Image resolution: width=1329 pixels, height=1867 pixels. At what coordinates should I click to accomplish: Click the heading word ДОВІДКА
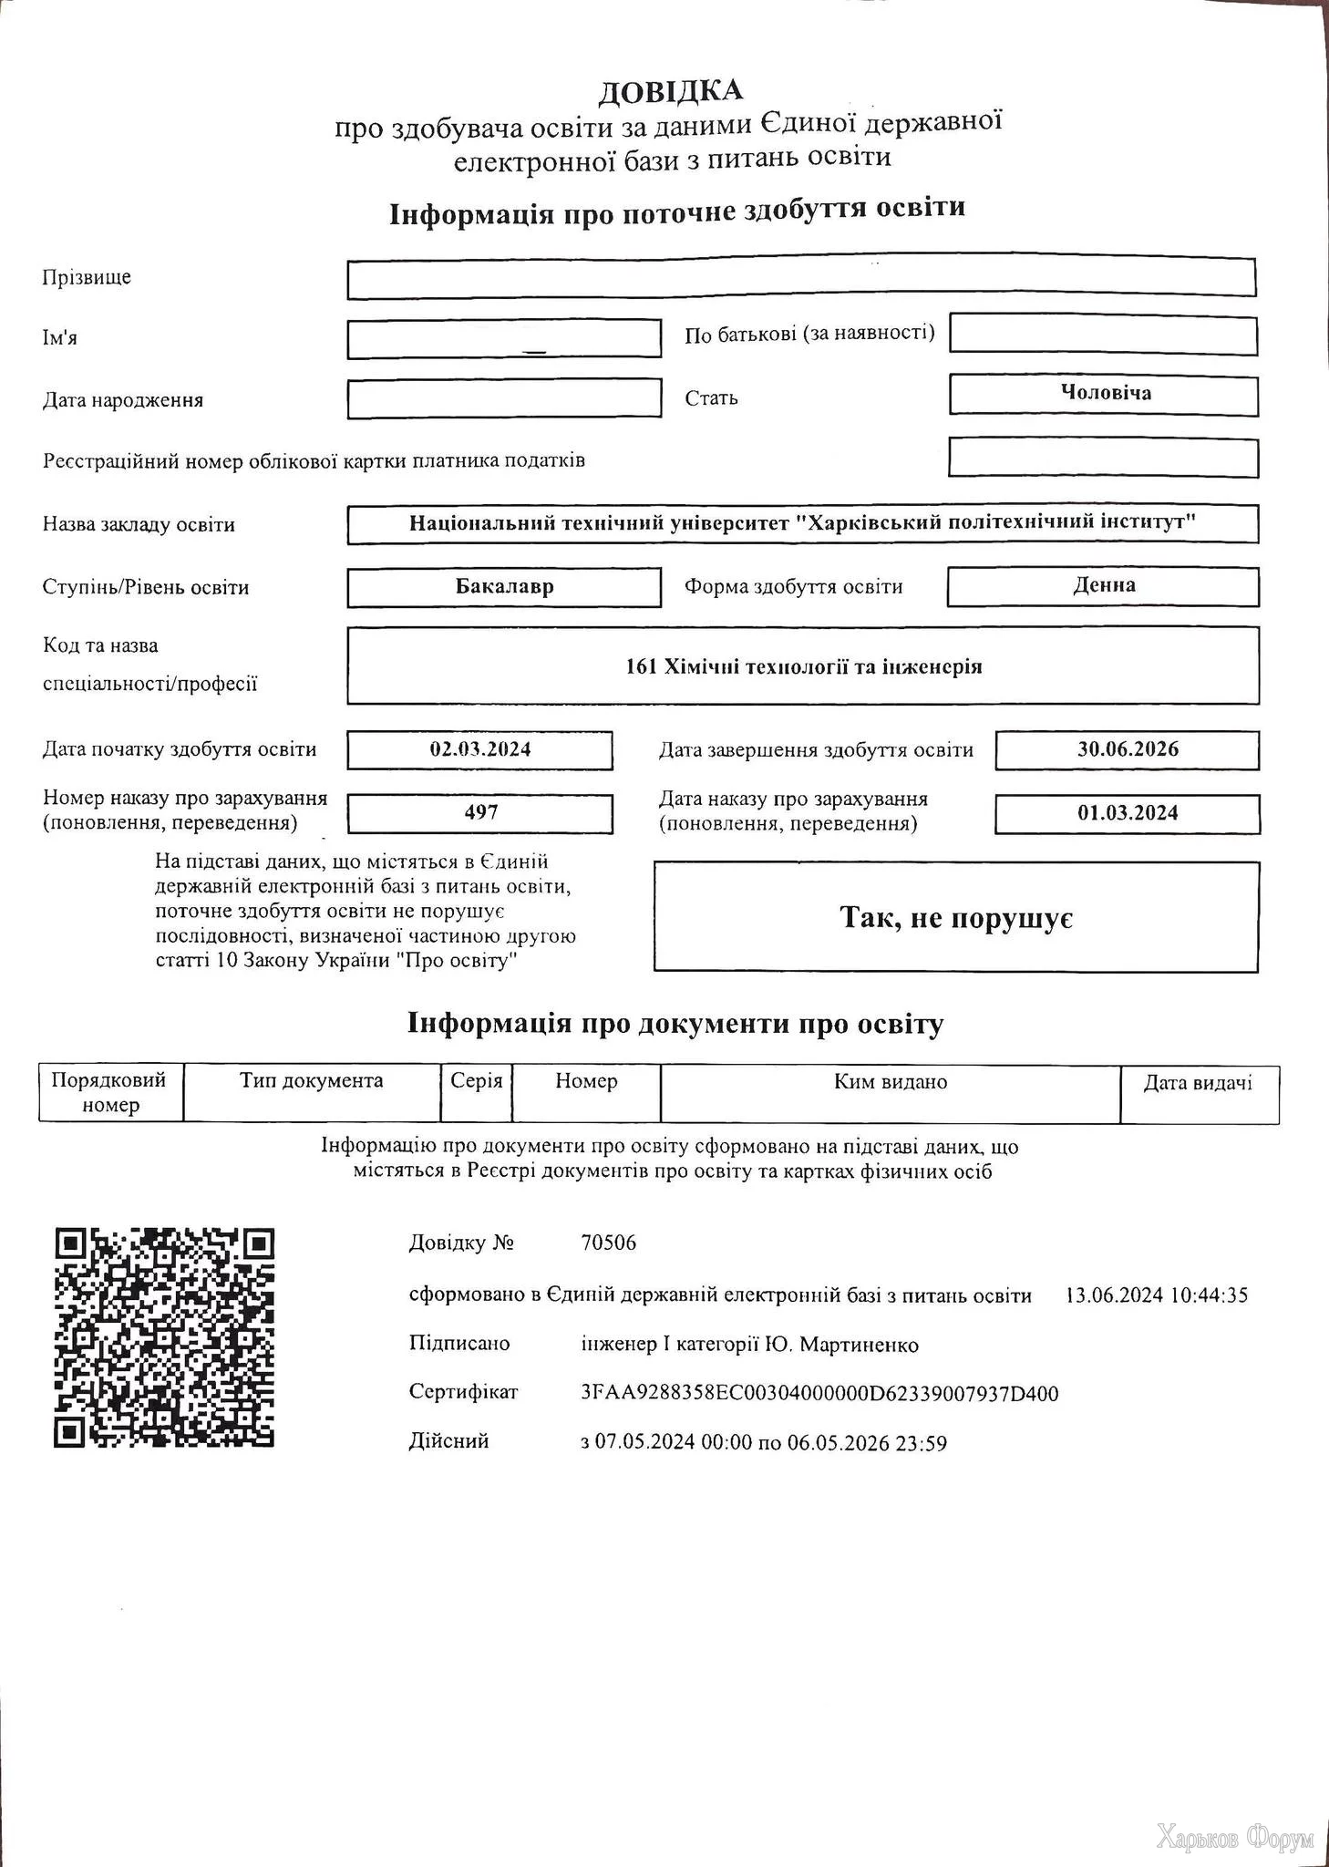coord(670,91)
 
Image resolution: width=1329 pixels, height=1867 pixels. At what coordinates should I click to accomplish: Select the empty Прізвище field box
coord(800,278)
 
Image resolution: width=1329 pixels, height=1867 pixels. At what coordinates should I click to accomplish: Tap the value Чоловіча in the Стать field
coord(1105,394)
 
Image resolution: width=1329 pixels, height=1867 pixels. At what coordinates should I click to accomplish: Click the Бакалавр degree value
coord(504,586)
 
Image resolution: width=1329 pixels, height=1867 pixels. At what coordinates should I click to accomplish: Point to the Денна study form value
coord(1104,585)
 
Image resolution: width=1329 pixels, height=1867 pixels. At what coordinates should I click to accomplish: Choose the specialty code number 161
coord(641,666)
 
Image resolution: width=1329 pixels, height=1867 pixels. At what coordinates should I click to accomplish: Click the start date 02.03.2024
coord(480,749)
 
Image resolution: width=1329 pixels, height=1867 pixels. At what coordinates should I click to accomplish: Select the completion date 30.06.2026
coord(1128,749)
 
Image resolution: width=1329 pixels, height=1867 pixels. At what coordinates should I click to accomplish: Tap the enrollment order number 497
coord(480,812)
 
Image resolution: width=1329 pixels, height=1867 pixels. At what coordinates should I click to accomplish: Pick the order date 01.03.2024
coord(1128,813)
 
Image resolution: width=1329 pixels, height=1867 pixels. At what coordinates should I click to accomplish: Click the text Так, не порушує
coord(956,917)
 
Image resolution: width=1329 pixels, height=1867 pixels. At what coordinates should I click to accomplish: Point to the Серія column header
coord(477,1081)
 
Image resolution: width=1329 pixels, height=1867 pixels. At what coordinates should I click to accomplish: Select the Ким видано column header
coord(891,1082)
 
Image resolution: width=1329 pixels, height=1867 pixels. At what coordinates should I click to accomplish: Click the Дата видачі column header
coord(1198,1083)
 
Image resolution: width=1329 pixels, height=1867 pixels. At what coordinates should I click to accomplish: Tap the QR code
coord(165,1337)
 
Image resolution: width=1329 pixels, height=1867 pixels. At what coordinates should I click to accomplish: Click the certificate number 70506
coord(608,1243)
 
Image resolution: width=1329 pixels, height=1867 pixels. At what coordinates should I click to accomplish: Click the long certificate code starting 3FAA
coord(819,1393)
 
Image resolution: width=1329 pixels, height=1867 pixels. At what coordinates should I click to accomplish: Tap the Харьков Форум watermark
coord(1234,1839)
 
